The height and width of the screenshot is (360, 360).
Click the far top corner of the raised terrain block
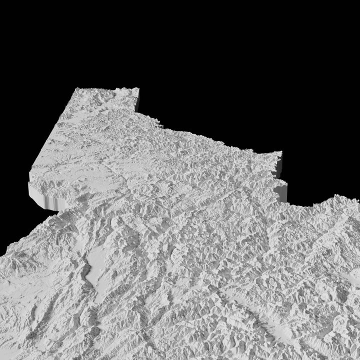tap(137, 88)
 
